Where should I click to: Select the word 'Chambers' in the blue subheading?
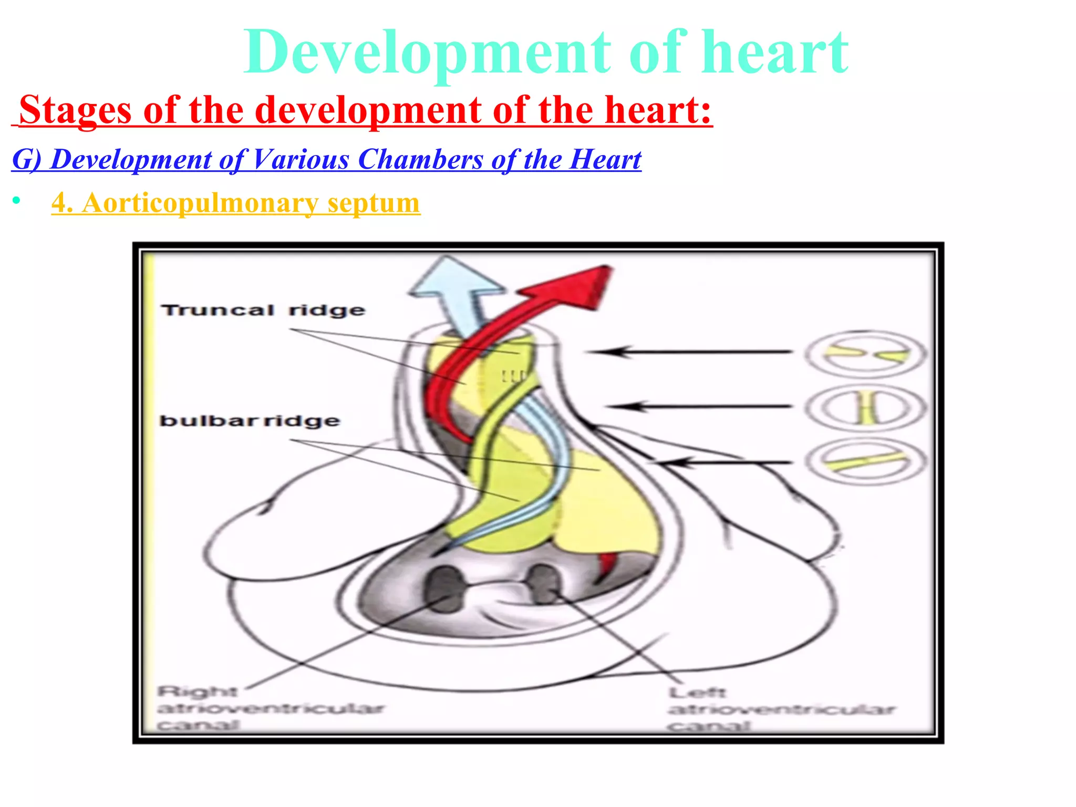[420, 159]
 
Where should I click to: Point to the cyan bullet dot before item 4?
[17, 201]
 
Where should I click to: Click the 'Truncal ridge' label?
[263, 310]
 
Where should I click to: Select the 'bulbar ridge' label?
[250, 421]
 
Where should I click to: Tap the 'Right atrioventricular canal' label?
[271, 708]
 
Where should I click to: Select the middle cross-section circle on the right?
[866, 408]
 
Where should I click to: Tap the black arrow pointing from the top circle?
[688, 351]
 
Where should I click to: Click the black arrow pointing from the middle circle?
[699, 406]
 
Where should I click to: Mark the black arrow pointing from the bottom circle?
[725, 462]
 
